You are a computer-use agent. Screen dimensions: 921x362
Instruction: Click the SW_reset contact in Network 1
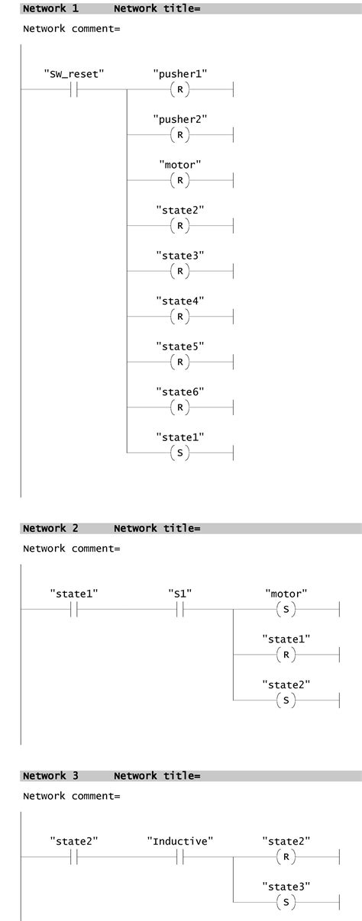coord(74,89)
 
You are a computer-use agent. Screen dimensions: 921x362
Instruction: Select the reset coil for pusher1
coord(179,89)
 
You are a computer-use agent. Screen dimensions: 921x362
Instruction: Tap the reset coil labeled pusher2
coord(179,135)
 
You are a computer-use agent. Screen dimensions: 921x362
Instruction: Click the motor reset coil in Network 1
coord(179,180)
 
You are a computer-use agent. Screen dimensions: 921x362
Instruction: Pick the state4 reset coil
coord(179,316)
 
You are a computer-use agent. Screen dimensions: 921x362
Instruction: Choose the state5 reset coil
coord(179,362)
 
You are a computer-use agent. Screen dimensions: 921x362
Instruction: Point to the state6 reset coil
coord(179,407)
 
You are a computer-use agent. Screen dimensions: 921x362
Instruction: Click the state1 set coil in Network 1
coord(179,452)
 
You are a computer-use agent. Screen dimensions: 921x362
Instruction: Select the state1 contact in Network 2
coord(74,610)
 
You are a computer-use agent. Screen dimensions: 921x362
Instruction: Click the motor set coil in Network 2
coord(286,610)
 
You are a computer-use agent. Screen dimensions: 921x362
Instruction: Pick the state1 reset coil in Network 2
coord(286,655)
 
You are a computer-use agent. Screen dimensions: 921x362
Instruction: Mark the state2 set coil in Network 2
coord(286,700)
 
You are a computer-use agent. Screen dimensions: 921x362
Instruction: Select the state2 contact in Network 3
coord(74,857)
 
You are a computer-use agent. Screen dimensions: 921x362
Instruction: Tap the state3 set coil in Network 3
coord(286,902)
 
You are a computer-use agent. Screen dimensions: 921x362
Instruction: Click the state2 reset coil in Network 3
coord(286,857)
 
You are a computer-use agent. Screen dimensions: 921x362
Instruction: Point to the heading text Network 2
coord(50,528)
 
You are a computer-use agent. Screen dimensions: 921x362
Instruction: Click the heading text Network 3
coord(50,775)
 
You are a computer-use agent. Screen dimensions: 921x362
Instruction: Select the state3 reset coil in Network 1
coord(179,271)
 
